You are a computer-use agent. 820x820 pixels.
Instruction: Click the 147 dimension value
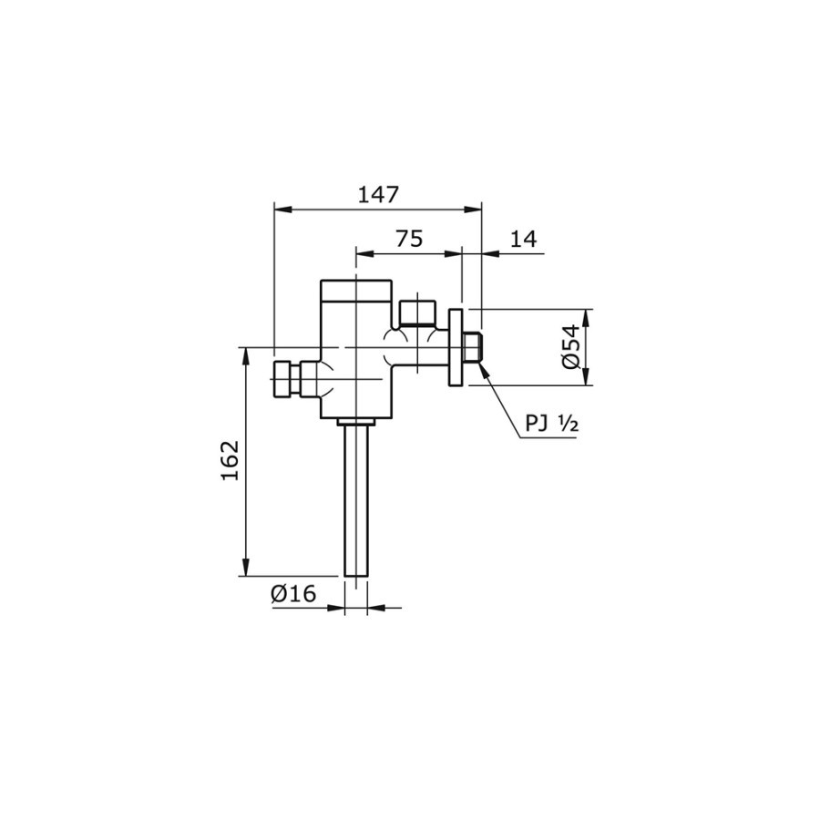(x=377, y=194)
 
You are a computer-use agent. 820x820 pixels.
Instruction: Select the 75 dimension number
(x=409, y=239)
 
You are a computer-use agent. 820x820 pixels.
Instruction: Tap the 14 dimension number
(x=523, y=239)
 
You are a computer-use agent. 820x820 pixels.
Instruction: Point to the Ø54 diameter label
(x=570, y=347)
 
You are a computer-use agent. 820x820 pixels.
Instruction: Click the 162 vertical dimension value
(x=230, y=461)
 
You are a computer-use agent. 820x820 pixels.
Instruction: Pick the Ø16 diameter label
(x=292, y=594)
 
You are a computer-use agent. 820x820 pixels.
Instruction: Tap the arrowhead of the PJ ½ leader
(x=482, y=369)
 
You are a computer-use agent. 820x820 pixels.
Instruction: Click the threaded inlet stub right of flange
(x=472, y=348)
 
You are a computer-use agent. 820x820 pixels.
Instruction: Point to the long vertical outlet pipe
(x=355, y=501)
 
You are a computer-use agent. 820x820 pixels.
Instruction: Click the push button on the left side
(x=287, y=378)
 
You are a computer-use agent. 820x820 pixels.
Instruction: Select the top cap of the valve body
(x=355, y=291)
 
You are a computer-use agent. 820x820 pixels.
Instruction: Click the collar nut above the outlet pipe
(x=355, y=422)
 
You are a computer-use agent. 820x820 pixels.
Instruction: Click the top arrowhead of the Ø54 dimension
(x=585, y=315)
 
